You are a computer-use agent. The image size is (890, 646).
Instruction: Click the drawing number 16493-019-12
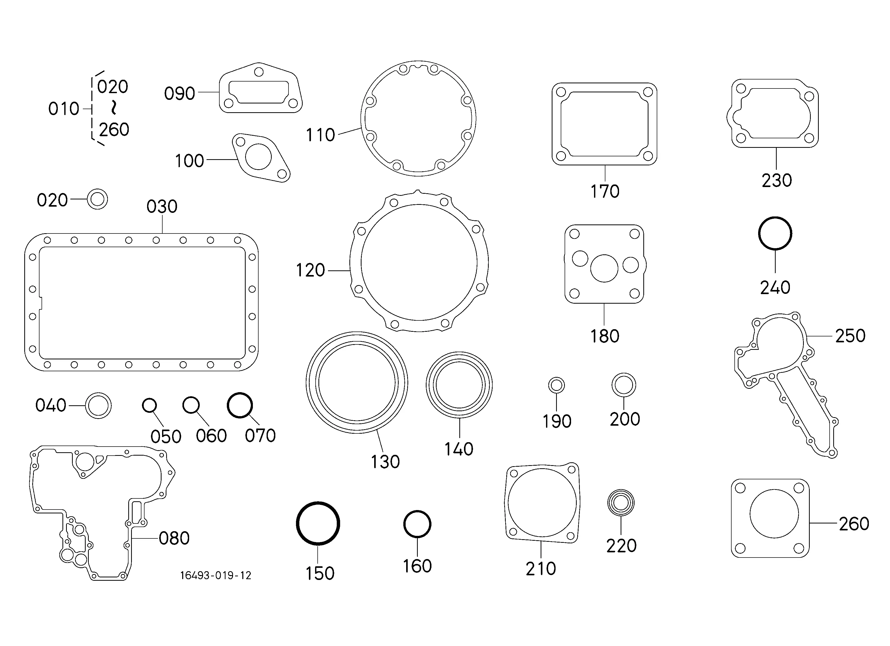pos(215,575)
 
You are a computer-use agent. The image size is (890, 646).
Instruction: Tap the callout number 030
pos(162,206)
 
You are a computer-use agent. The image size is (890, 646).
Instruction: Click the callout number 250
pos(850,336)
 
